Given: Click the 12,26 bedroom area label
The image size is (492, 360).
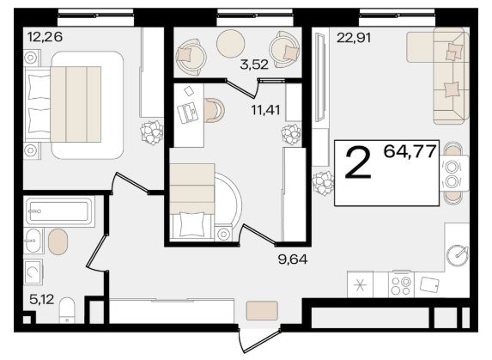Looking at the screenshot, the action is click(x=45, y=37).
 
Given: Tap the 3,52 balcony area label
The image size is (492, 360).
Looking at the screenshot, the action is click(x=254, y=64).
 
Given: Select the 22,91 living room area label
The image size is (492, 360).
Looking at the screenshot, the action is click(x=354, y=38).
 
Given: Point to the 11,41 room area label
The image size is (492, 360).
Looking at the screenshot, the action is click(x=265, y=110).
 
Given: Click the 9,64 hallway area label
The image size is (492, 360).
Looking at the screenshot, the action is click(x=293, y=259).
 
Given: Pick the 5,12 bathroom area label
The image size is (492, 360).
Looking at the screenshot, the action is click(x=42, y=299).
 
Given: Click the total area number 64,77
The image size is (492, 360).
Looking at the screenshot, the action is click(x=410, y=151).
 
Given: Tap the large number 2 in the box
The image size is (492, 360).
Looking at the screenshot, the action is click(x=358, y=163).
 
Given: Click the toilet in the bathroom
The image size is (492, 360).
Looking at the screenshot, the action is click(x=67, y=310).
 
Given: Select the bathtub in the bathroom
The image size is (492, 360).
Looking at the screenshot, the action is click(x=59, y=211).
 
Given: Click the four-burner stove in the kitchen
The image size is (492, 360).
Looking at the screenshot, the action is click(x=401, y=284).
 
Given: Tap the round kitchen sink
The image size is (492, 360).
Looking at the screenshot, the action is click(x=457, y=256).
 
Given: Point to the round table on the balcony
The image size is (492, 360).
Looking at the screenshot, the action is click(x=230, y=44).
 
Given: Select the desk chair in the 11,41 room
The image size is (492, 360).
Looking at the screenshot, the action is click(x=215, y=110).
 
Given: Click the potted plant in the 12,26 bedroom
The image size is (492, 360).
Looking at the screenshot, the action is click(x=152, y=133).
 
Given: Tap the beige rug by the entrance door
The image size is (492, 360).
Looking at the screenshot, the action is click(x=262, y=310).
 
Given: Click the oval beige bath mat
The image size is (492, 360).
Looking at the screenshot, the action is click(x=58, y=241).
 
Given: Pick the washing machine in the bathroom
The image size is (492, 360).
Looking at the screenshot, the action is click(x=33, y=272).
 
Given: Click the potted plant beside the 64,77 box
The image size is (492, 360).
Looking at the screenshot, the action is click(x=323, y=183).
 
